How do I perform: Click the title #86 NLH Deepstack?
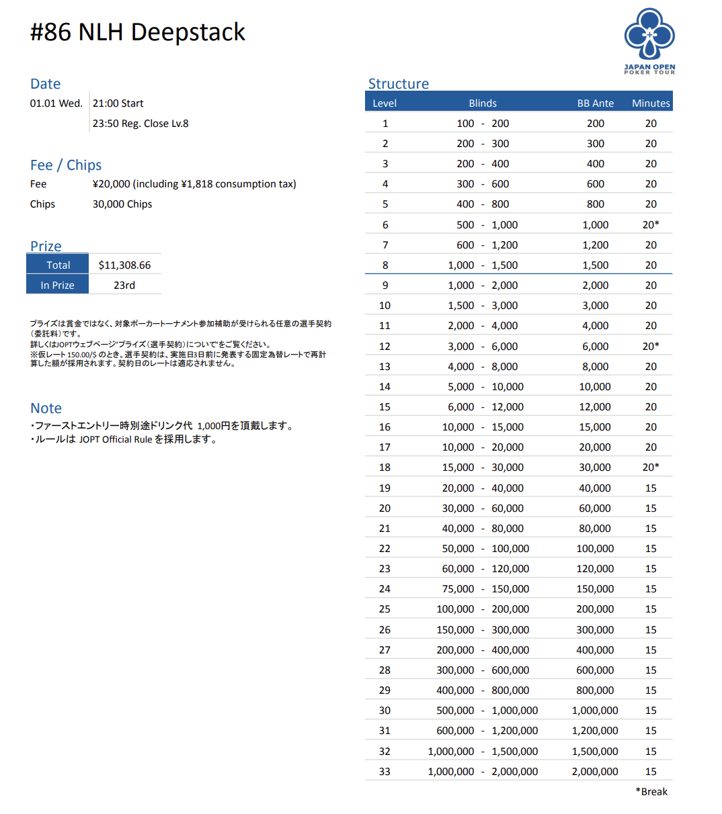click(138, 32)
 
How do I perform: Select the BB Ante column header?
click(595, 103)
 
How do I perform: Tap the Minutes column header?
click(651, 103)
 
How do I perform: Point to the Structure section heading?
click(398, 84)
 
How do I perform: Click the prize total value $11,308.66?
click(124, 265)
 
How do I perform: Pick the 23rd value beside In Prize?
click(124, 285)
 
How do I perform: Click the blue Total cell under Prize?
click(58, 265)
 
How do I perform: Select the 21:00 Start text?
click(118, 103)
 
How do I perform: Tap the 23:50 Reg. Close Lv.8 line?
click(141, 124)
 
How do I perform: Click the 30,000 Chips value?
click(122, 204)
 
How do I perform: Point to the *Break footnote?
click(651, 792)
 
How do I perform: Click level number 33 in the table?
click(385, 772)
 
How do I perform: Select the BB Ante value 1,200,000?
click(595, 731)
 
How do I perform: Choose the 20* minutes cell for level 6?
click(651, 225)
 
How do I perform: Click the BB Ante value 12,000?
click(595, 407)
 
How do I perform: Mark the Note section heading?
click(46, 408)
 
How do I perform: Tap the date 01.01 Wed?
click(56, 103)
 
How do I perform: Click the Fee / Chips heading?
click(66, 165)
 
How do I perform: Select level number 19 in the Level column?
click(385, 488)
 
